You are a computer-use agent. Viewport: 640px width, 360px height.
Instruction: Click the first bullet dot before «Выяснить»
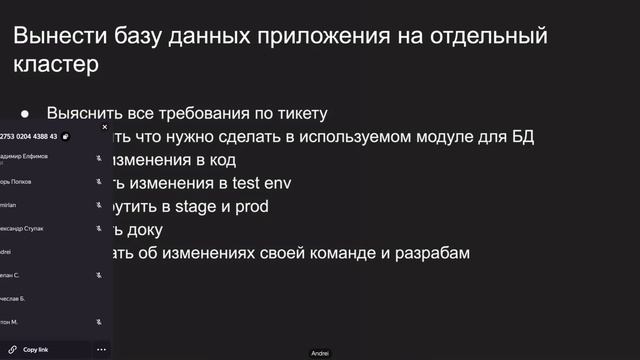click(x=25, y=115)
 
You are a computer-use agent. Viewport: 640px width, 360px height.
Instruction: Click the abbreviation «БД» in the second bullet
click(x=519, y=137)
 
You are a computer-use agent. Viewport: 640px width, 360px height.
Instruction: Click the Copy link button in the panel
click(x=36, y=350)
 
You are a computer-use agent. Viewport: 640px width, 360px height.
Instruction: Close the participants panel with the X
click(x=104, y=127)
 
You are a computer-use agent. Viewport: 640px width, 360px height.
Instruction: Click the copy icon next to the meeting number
click(x=65, y=136)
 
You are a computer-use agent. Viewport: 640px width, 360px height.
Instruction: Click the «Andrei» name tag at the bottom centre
click(x=320, y=353)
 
